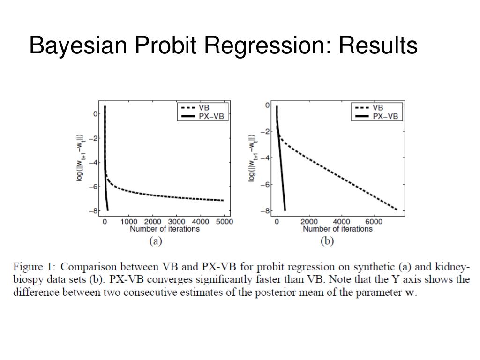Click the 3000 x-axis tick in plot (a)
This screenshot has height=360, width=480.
(176, 222)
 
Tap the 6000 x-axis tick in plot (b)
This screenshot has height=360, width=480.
(373, 222)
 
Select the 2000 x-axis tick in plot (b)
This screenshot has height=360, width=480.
(309, 222)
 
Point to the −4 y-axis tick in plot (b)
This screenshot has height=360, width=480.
(267, 158)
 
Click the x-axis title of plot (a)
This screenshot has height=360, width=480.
(165, 229)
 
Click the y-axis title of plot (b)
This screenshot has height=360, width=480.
(253, 158)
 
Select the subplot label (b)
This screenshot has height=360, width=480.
(327, 241)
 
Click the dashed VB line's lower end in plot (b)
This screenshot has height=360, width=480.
(397, 210)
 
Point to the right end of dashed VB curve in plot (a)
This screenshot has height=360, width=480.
(223, 200)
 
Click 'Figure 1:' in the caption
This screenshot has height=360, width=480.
(34, 267)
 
